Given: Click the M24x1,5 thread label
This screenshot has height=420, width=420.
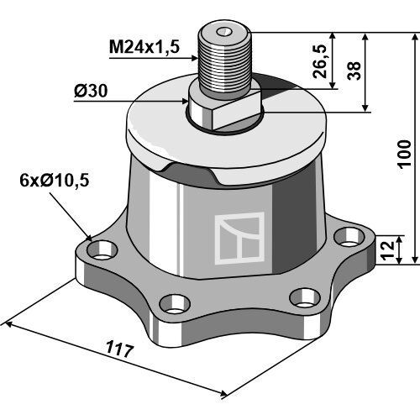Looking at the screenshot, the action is (x=144, y=47).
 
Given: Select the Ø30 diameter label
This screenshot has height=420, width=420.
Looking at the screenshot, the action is (x=91, y=92).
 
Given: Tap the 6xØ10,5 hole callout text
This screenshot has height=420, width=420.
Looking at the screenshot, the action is (x=55, y=181).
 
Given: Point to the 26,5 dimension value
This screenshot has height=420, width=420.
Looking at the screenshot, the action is (x=319, y=61).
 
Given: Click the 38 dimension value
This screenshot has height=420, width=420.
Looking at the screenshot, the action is (x=354, y=71).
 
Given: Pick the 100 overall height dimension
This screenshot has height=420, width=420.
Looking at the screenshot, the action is (x=404, y=155).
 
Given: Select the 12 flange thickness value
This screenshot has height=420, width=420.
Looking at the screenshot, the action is (x=388, y=250).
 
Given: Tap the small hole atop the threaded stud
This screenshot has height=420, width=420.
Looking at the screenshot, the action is (x=224, y=32).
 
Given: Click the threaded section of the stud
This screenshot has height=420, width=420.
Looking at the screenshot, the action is (x=223, y=66).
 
